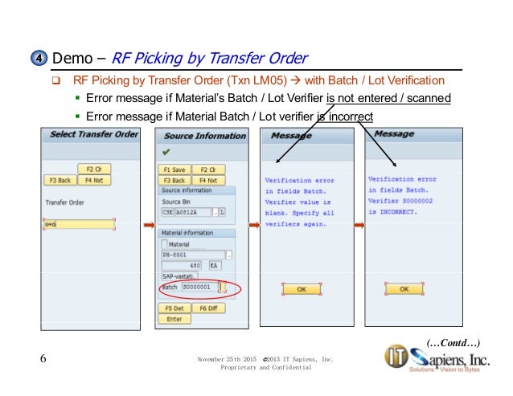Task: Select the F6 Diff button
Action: (x=208, y=308)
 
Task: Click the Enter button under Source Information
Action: (x=174, y=318)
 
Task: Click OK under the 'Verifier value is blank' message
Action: (x=301, y=288)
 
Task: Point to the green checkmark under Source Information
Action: (x=166, y=151)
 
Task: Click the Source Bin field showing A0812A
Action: (x=197, y=212)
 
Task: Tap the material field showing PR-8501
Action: (x=193, y=254)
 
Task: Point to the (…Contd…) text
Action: (x=454, y=343)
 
